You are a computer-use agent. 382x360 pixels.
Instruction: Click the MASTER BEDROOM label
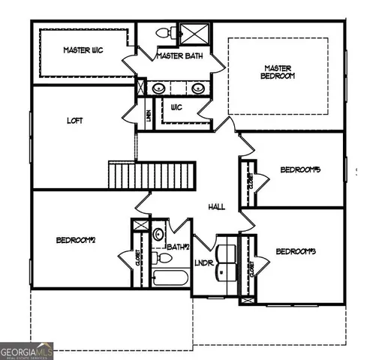click(x=278, y=71)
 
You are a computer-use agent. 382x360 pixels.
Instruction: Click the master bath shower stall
click(x=196, y=34)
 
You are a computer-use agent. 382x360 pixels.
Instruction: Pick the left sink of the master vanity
click(x=158, y=88)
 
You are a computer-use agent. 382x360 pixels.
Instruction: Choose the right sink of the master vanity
click(x=198, y=88)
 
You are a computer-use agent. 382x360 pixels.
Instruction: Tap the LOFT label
click(x=74, y=120)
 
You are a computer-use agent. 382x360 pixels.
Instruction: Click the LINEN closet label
click(x=149, y=115)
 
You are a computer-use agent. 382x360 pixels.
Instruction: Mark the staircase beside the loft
click(x=152, y=175)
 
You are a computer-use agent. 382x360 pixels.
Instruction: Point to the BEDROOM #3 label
click(x=295, y=251)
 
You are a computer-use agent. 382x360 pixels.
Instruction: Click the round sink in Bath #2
click(x=158, y=235)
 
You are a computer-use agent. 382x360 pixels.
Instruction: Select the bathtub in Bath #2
click(x=170, y=279)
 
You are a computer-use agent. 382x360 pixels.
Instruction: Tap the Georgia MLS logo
click(x=27, y=350)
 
